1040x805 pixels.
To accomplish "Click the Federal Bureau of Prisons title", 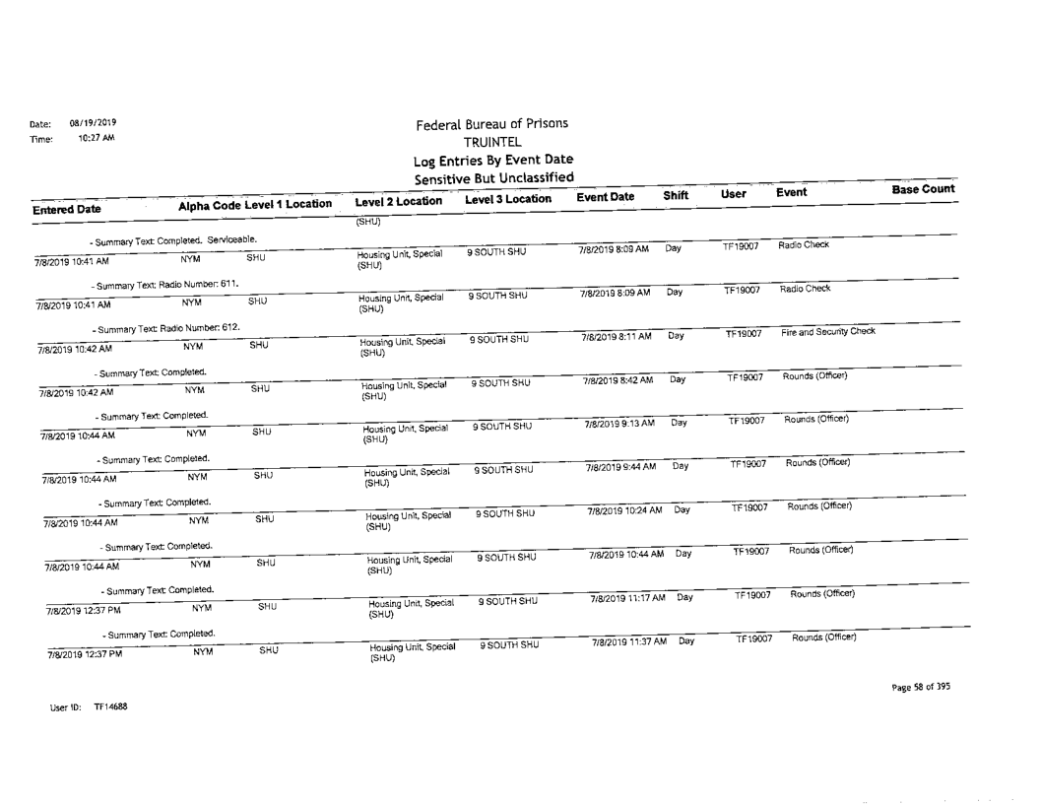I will pyautogui.click(x=492, y=125).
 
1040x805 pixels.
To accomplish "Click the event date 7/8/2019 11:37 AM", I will pyautogui.click(x=627, y=642).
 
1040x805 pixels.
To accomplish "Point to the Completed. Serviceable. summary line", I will pyautogui.click(x=172, y=240).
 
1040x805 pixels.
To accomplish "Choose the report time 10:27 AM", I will pyautogui.click(x=97, y=139).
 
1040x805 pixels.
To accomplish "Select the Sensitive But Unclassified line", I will pyautogui.click(x=492, y=177).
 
